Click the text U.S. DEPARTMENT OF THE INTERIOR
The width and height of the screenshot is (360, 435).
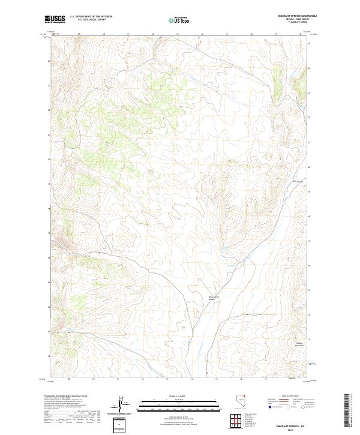point(91,17)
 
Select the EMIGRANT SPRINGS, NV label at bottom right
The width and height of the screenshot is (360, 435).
point(292,425)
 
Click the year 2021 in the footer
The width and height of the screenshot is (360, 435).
point(292,430)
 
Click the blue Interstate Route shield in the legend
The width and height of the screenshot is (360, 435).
point(268,406)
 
